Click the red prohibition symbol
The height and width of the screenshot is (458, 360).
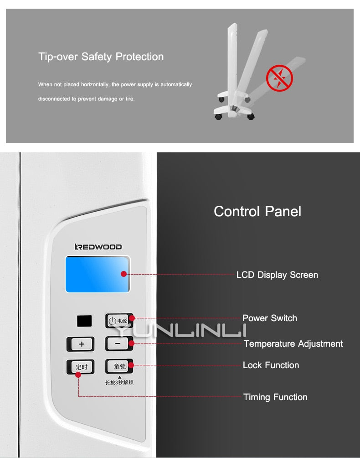(x=279, y=78)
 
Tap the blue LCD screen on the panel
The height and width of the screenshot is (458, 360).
(x=98, y=274)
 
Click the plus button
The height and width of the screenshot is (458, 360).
(x=81, y=344)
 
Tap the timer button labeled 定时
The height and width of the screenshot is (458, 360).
(x=81, y=367)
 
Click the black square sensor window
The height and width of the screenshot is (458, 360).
(x=84, y=321)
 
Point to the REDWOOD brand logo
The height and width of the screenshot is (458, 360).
(x=98, y=247)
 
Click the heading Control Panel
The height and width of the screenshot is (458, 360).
(x=257, y=211)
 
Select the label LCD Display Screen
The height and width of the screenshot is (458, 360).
(x=277, y=275)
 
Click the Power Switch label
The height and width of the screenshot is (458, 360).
(x=270, y=318)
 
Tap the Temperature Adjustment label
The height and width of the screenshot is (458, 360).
(x=293, y=344)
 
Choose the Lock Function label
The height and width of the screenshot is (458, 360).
(x=271, y=365)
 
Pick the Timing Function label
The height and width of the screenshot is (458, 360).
(x=275, y=397)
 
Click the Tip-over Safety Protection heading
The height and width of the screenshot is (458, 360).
(x=101, y=57)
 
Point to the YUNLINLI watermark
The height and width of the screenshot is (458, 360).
(x=180, y=330)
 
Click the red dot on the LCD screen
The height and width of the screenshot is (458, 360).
(x=123, y=274)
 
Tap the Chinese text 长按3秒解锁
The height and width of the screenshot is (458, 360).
(x=119, y=382)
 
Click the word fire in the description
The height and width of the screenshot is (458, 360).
(x=130, y=99)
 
